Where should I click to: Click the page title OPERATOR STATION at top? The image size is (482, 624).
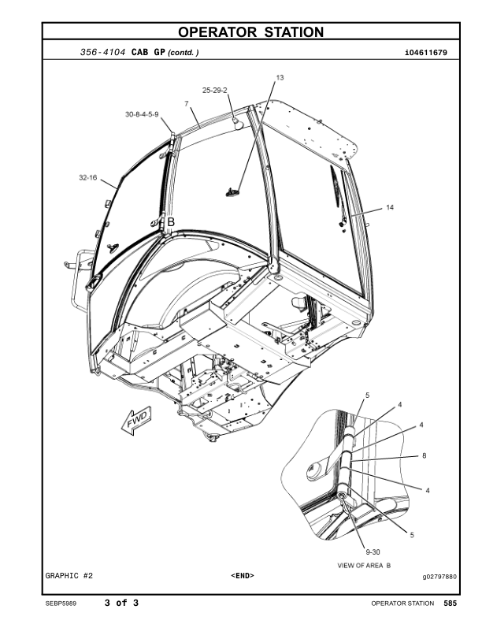coord(250,32)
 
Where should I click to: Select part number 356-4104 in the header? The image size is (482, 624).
coord(103,53)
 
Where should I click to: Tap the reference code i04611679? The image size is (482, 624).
coord(425,53)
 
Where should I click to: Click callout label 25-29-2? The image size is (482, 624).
coord(214,91)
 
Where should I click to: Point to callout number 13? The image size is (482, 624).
coord(280,78)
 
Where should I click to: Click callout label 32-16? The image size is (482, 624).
coord(87,179)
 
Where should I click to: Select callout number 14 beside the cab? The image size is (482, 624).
coord(389,208)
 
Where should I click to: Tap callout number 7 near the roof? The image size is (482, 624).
coord(186,104)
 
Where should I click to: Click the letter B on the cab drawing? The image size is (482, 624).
coord(170,223)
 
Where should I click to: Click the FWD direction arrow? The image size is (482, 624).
coord(135,422)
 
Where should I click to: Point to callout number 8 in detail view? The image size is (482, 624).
coord(425,455)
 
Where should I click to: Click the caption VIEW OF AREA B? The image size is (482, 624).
coord(364,566)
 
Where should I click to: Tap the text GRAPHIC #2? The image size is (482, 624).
coord(69,576)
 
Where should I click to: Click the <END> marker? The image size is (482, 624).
coord(243,576)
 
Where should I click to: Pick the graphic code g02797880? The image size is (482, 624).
coord(434,577)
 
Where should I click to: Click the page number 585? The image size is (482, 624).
coord(450,604)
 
